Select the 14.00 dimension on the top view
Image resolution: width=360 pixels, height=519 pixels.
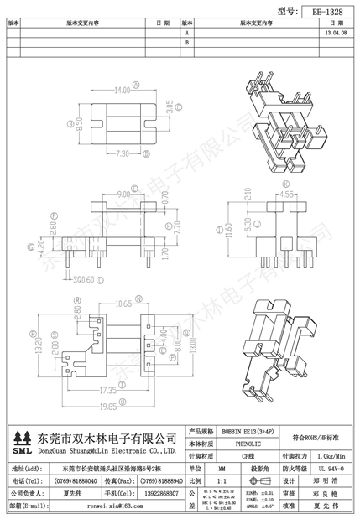(123, 88)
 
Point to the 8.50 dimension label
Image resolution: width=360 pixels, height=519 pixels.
(80, 124)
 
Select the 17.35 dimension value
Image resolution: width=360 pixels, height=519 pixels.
(107, 391)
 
